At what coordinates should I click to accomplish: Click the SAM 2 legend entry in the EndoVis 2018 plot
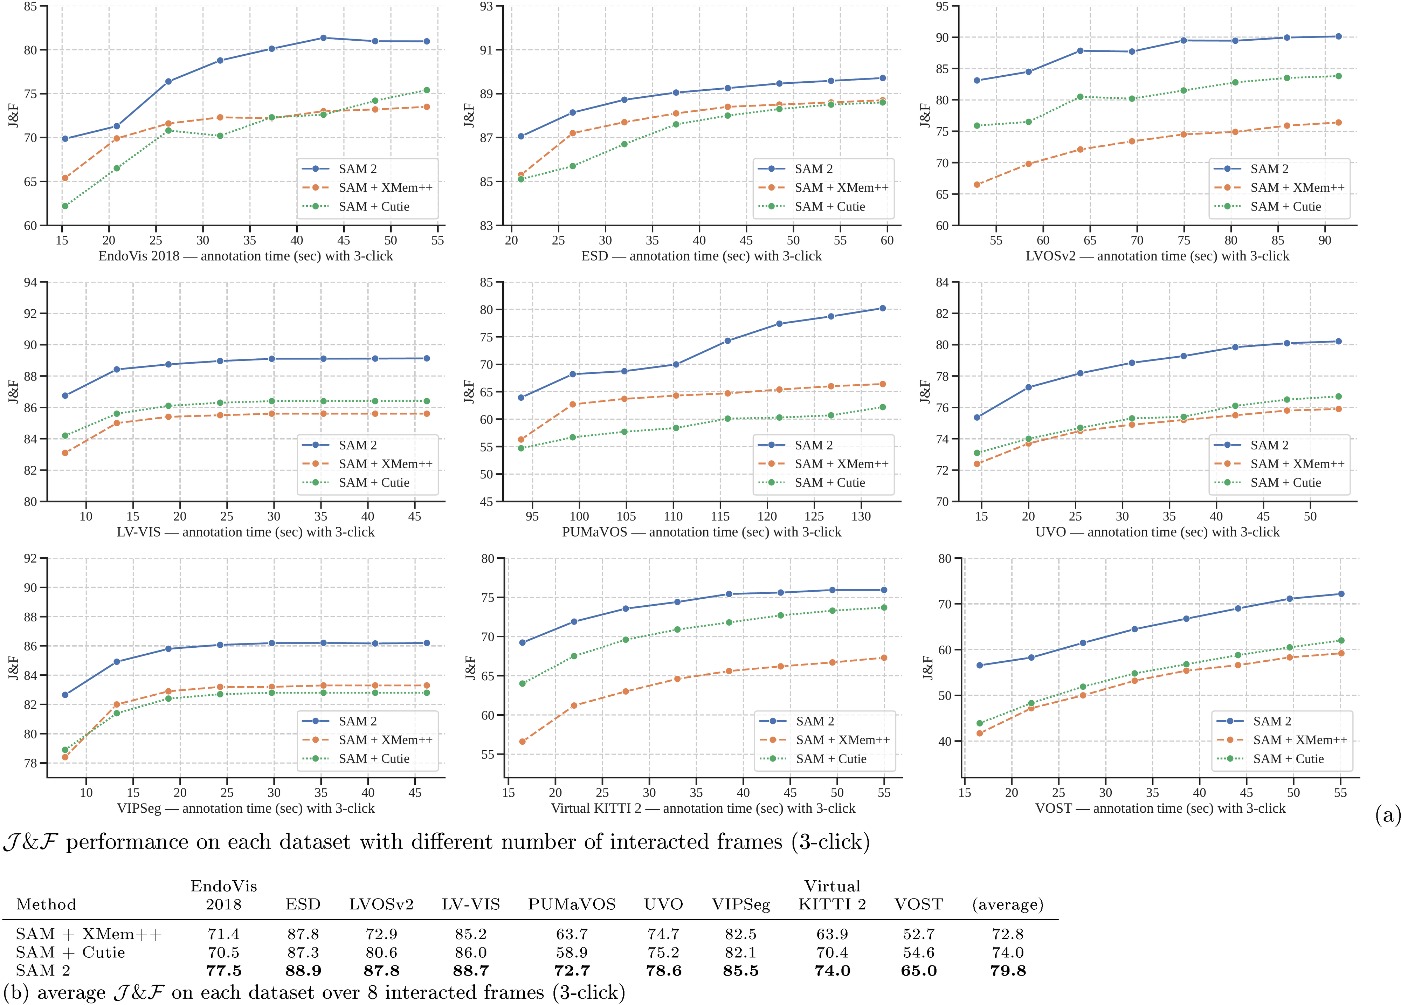tap(357, 168)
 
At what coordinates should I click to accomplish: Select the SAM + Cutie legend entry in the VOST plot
tap(1288, 758)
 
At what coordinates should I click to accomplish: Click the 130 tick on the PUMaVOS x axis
tap(861, 516)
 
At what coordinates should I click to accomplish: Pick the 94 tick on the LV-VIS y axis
tap(31, 282)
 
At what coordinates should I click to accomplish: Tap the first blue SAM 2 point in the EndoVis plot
tap(65, 139)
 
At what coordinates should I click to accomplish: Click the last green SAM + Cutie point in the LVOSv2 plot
tap(1339, 76)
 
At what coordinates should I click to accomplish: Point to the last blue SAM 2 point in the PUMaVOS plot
tap(882, 308)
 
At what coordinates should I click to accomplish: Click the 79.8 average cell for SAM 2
tap(1008, 970)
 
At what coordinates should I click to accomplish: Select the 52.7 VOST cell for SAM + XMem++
tap(919, 934)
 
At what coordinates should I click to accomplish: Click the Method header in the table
tap(46, 904)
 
